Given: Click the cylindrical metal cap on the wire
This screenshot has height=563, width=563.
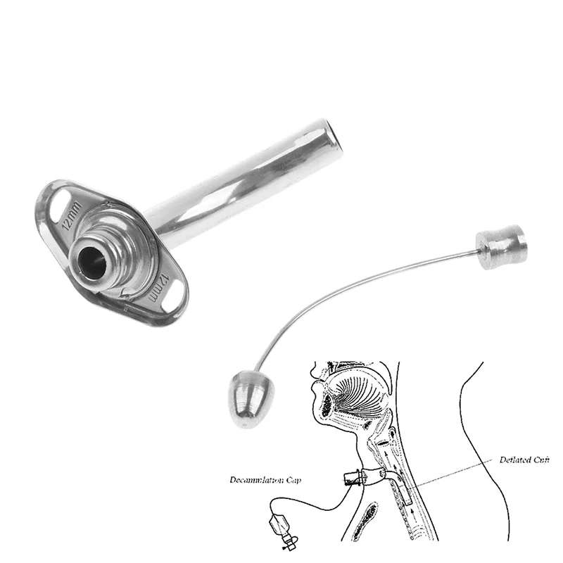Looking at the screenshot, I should (500, 246).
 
